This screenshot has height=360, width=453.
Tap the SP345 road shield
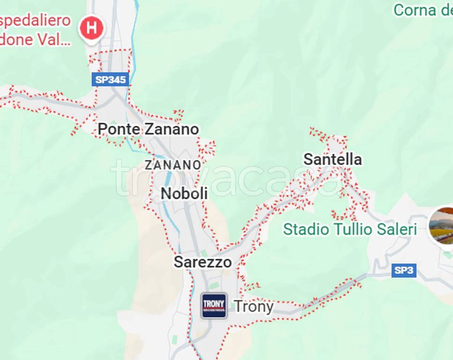click(111, 79)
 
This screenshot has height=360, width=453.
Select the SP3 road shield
click(404, 270)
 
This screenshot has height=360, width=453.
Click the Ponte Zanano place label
click(148, 129)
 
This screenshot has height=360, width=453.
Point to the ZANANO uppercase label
click(173, 165)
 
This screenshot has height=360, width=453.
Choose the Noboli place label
click(184, 193)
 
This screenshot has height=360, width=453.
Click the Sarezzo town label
click(202, 262)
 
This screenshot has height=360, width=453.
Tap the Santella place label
click(333, 159)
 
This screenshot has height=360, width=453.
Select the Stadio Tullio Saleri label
click(350, 229)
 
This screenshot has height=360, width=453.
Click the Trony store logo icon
click(214, 306)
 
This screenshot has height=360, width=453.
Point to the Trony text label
click(253, 307)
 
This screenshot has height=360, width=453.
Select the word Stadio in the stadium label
click(306, 229)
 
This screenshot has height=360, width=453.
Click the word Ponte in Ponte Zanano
click(119, 129)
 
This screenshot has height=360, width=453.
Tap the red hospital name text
click(35, 30)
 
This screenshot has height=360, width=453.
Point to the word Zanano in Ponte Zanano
click(171, 129)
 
